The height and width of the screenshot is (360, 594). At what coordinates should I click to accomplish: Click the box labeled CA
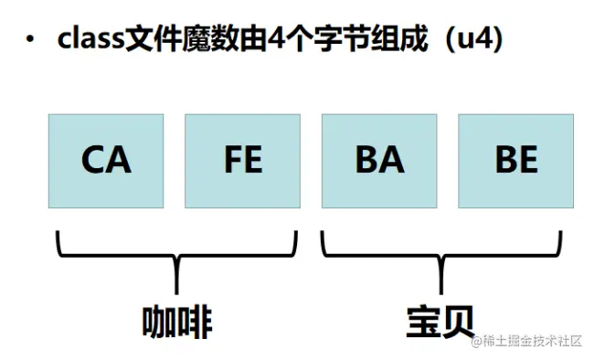point(106,161)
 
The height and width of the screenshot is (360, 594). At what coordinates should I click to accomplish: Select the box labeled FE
point(242,161)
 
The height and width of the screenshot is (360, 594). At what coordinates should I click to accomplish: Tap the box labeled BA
point(379,161)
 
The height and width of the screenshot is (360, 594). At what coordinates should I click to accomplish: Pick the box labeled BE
point(516,161)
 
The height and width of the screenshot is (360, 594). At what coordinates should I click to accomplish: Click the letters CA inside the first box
point(106,161)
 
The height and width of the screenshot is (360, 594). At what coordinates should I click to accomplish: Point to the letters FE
point(242,161)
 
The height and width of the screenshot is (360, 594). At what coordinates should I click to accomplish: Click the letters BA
point(379,161)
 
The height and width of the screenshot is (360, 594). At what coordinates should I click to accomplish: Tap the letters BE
point(516,161)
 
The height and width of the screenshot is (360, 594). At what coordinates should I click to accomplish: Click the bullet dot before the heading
point(32,42)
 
